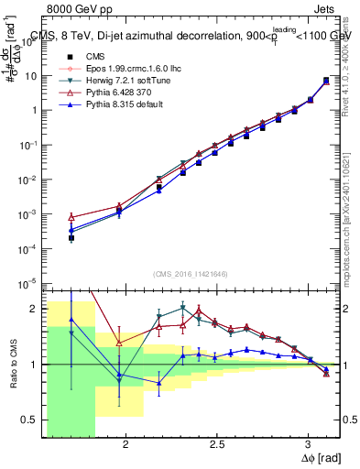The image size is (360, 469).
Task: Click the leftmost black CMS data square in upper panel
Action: pos(71,238)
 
